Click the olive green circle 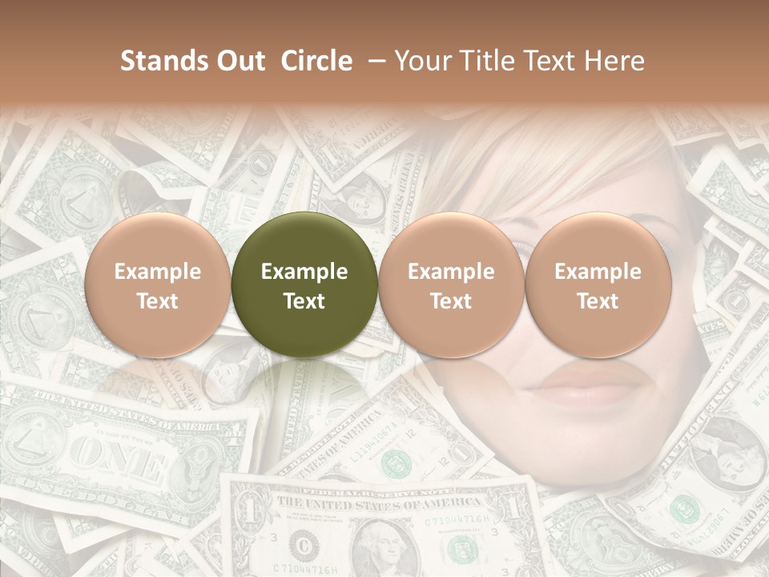click(x=304, y=284)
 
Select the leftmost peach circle click(x=157, y=284)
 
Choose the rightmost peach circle click(x=598, y=284)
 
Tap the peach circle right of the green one click(x=451, y=284)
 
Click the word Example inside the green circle click(x=304, y=272)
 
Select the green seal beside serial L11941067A click(x=393, y=462)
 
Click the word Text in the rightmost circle click(x=598, y=301)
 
